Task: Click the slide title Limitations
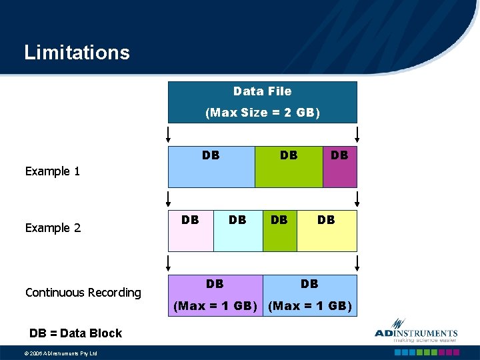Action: click(x=77, y=52)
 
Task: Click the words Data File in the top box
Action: click(x=262, y=91)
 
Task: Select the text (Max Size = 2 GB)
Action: click(x=262, y=113)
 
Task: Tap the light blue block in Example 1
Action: click(x=211, y=167)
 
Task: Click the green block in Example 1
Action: click(x=288, y=167)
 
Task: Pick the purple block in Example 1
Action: click(x=339, y=167)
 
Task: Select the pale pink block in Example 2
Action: click(x=191, y=231)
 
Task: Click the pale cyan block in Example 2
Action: click(x=237, y=231)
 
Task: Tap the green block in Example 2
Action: click(x=279, y=231)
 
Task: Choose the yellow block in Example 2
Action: click(x=326, y=231)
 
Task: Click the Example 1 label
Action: click(x=53, y=171)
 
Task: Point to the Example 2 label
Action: click(x=53, y=228)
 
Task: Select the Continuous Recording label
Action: click(x=83, y=293)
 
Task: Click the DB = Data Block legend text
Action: click(x=75, y=333)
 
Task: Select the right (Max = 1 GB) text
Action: click(x=310, y=306)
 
